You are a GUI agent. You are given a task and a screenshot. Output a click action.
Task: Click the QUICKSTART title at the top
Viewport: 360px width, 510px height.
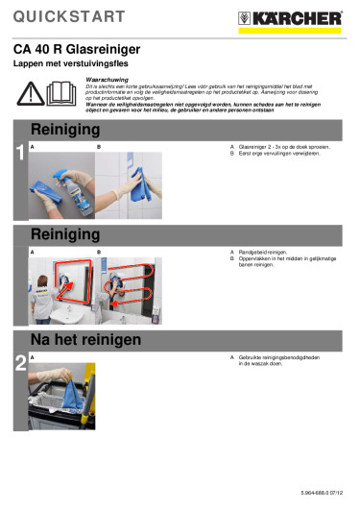tap(68, 16)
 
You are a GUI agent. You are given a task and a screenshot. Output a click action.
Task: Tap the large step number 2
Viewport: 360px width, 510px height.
tap(19, 362)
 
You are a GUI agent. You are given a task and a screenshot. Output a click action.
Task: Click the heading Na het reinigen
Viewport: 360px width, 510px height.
tap(86, 340)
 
